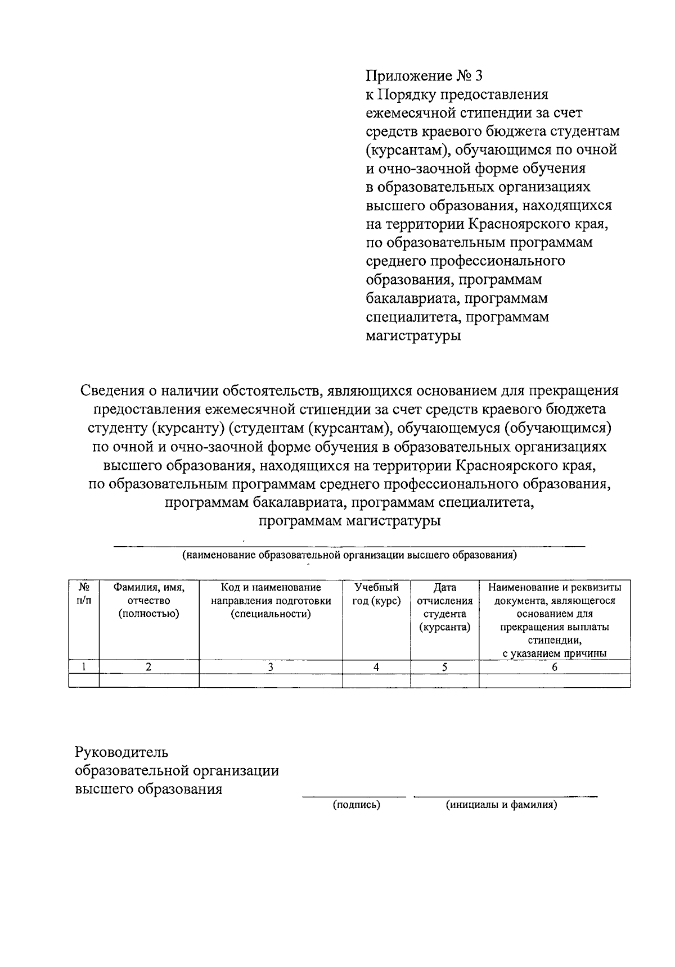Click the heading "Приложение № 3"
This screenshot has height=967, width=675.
click(424, 76)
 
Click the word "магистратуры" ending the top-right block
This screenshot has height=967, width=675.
click(413, 336)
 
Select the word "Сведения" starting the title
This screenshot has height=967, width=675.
click(115, 390)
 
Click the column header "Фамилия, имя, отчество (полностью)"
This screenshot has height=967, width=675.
click(149, 601)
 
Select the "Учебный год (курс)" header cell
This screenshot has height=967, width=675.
click(376, 594)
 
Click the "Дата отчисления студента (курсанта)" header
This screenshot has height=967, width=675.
click(444, 607)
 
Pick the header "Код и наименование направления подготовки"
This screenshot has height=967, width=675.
click(271, 601)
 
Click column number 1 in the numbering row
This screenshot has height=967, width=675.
click(84, 667)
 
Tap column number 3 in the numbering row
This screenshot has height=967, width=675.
click(271, 667)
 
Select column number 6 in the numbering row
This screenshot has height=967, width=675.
click(554, 667)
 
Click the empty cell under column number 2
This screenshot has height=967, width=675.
click(149, 680)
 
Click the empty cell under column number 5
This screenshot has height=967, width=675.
click(444, 680)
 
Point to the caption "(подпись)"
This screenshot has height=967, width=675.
click(356, 805)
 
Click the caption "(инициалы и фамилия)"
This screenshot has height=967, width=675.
click(501, 805)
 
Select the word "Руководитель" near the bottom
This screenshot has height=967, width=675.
click(122, 752)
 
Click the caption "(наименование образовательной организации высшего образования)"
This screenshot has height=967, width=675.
click(349, 556)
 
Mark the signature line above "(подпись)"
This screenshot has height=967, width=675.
click(354, 796)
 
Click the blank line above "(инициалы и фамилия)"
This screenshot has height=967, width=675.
click(506, 796)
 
